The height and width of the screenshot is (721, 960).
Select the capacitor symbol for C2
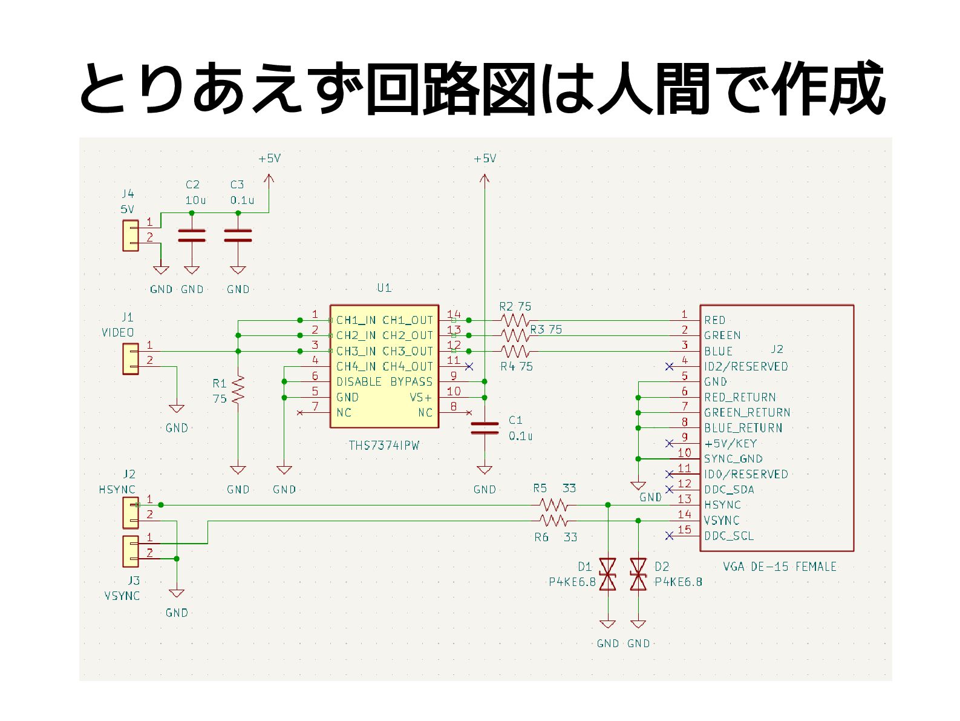tap(192, 235)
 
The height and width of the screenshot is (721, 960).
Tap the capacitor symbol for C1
tap(484, 428)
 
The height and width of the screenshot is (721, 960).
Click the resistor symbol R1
tap(238, 389)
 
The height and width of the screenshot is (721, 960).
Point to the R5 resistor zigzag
tap(553, 505)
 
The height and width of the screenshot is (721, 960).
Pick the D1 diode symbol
tap(607, 574)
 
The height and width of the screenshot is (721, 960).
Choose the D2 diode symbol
tap(638, 574)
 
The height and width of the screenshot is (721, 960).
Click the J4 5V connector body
tap(130, 236)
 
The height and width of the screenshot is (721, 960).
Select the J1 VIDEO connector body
tap(130, 359)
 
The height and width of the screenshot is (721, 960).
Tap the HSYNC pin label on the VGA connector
tap(722, 505)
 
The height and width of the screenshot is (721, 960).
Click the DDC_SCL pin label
tap(729, 536)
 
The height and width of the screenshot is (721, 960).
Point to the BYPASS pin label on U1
tap(411, 381)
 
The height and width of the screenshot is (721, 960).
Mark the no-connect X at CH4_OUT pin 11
tap(469, 366)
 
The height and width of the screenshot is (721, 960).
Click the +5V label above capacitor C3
tap(269, 159)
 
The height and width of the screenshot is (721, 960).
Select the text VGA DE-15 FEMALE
tap(779, 567)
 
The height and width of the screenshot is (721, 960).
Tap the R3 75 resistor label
tap(546, 329)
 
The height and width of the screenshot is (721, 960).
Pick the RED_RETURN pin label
tap(740, 397)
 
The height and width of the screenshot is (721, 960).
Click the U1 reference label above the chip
tap(384, 288)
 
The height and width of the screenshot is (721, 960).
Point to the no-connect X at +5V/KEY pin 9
tap(668, 443)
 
